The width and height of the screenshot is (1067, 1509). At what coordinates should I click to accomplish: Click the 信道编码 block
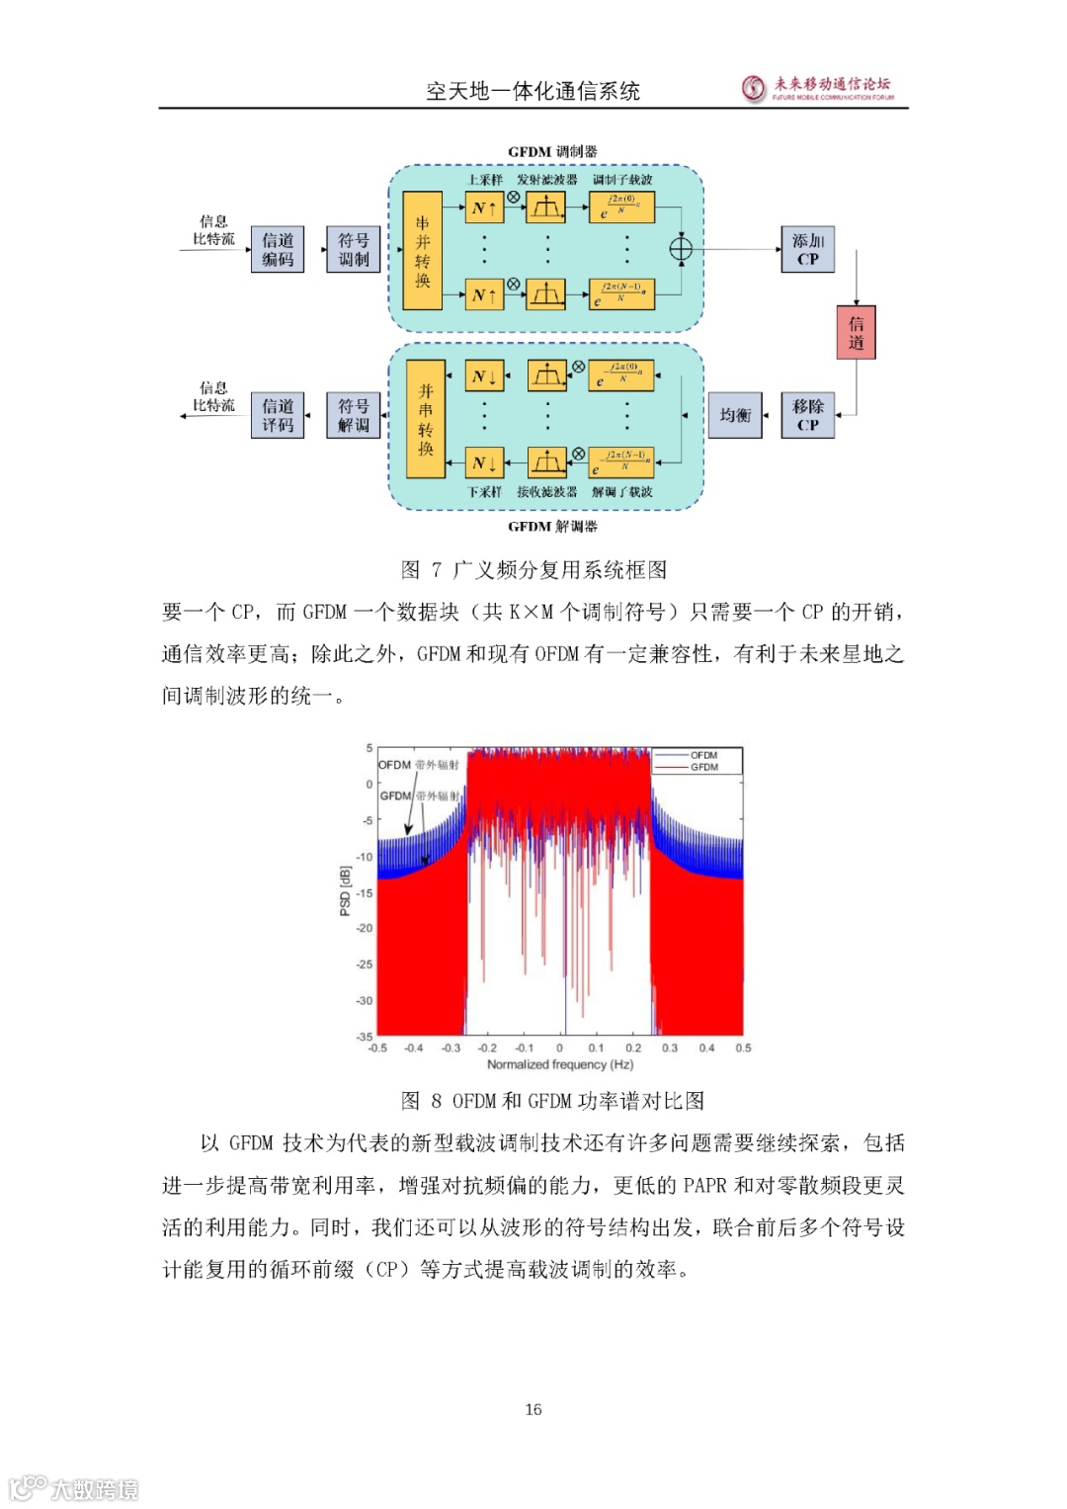(x=278, y=249)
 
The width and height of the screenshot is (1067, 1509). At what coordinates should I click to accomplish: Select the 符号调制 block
(x=354, y=249)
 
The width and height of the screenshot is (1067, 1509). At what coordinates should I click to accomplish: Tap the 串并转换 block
(x=423, y=251)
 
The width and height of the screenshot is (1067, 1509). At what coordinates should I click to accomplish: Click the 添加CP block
(x=807, y=249)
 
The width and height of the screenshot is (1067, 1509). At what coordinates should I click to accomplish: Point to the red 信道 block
(x=856, y=333)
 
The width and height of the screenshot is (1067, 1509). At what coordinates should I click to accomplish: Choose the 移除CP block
(x=807, y=415)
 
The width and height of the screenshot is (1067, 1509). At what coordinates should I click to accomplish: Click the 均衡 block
(x=735, y=415)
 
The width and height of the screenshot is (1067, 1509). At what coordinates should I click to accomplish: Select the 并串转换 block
(x=426, y=420)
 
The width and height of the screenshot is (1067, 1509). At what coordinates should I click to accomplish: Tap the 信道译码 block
(x=278, y=415)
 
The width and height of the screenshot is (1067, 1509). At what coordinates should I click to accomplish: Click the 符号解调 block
(x=354, y=415)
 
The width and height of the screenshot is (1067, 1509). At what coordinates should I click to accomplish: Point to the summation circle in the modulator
(x=681, y=248)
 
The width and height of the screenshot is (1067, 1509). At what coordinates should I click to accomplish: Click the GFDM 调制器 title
(x=552, y=152)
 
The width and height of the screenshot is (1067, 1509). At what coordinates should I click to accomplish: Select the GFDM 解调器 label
(x=552, y=527)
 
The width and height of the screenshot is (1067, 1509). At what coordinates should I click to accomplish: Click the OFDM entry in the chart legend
(x=703, y=755)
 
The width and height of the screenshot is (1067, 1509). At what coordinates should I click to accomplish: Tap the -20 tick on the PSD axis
(x=365, y=928)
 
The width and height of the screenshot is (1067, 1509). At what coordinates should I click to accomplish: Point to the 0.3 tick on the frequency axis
(x=670, y=1048)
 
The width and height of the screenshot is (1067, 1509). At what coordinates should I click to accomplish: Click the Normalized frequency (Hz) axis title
(x=560, y=1064)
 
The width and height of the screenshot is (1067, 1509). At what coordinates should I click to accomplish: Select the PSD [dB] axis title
(x=345, y=891)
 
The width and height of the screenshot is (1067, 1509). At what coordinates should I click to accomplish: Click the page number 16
(x=533, y=1409)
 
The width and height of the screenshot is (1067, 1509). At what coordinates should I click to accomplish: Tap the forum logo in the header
(x=755, y=88)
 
